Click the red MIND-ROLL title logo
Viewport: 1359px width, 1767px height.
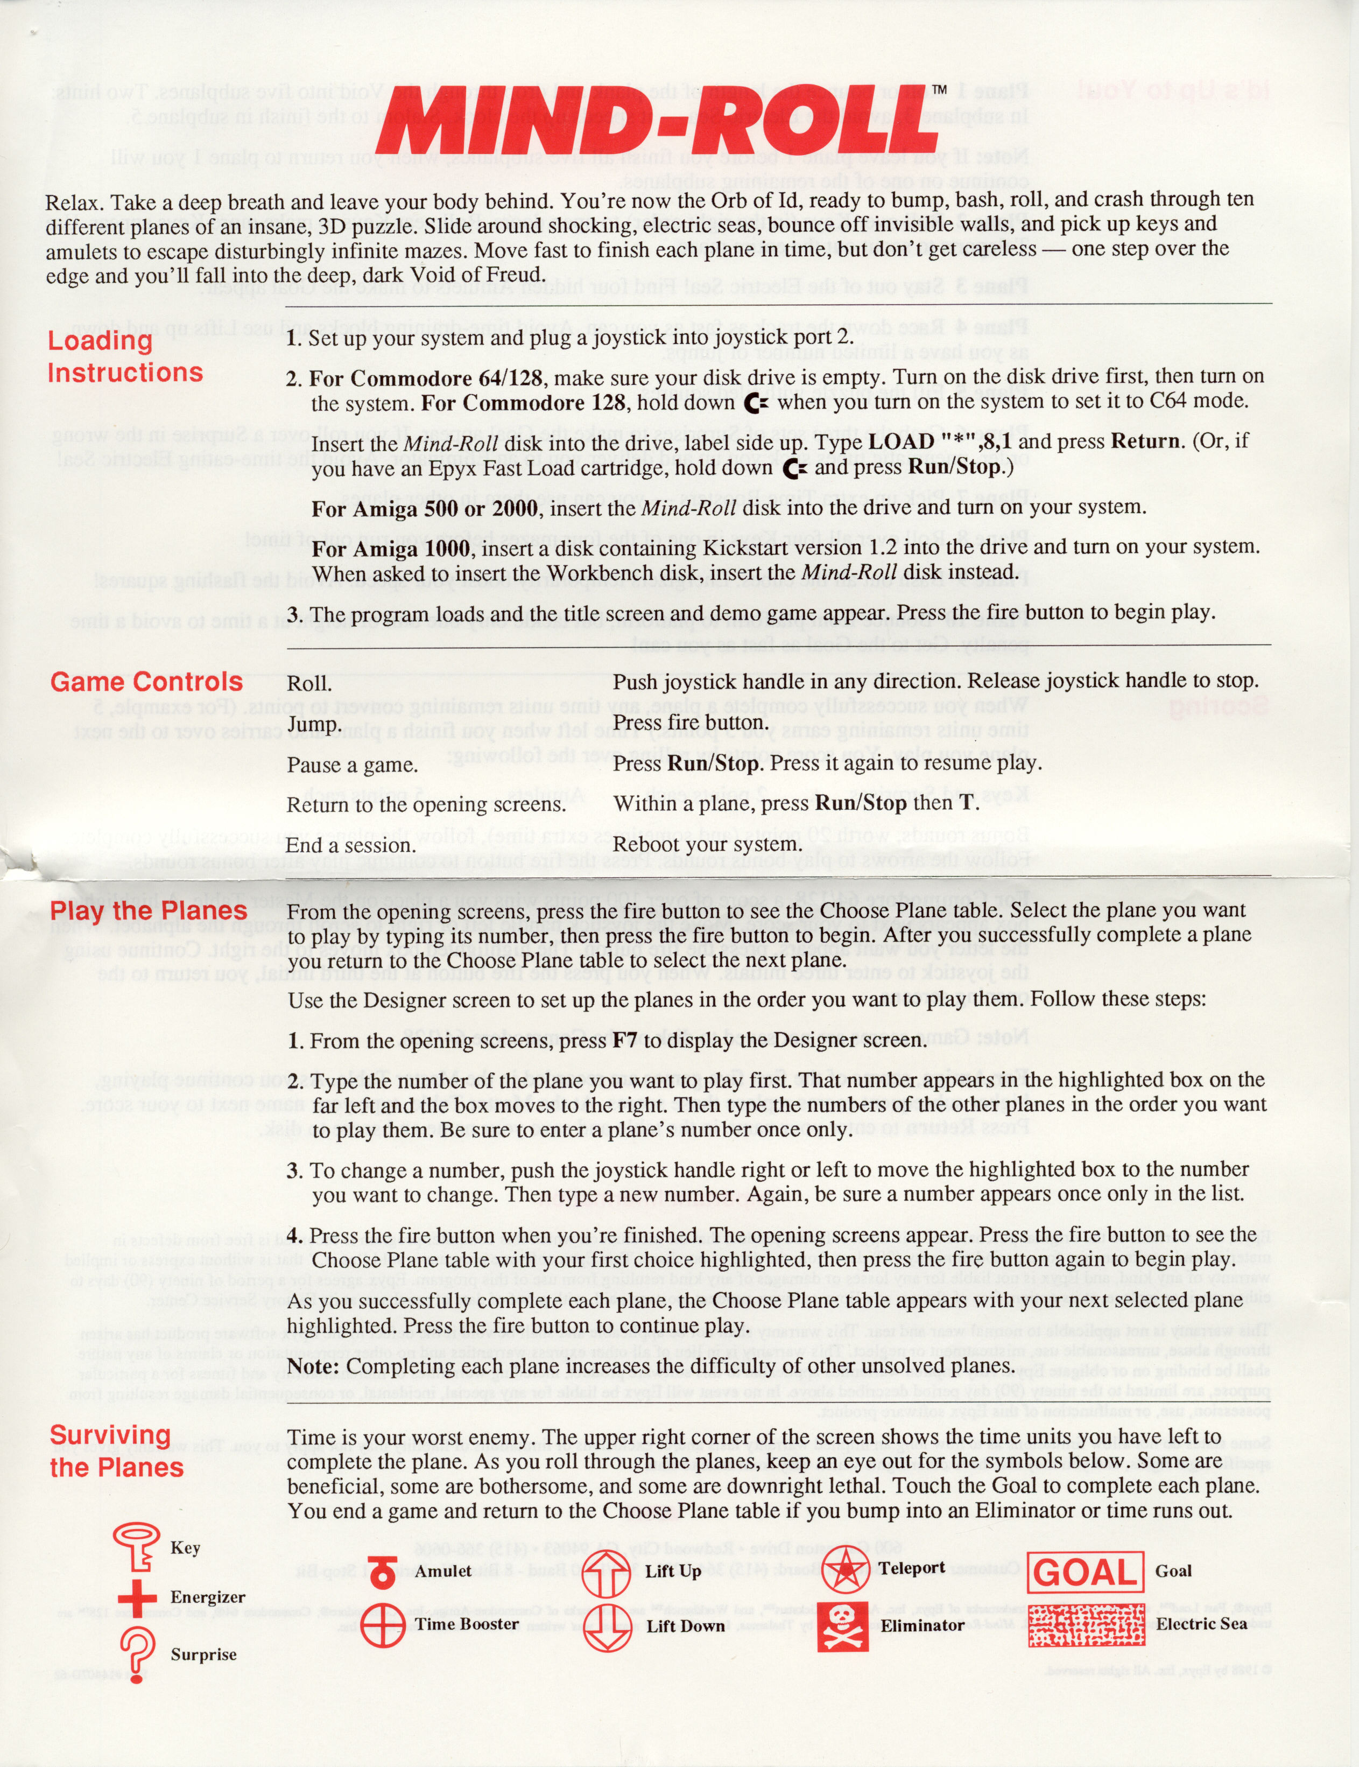pyautogui.click(x=655, y=121)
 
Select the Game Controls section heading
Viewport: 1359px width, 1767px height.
pyautogui.click(x=146, y=682)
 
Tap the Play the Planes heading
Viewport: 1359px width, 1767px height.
pyautogui.click(x=148, y=911)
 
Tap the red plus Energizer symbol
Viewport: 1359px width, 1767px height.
pyautogui.click(x=137, y=1595)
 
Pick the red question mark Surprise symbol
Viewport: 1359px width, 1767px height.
pyautogui.click(x=137, y=1654)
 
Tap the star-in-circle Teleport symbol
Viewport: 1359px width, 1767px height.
pyautogui.click(x=846, y=1569)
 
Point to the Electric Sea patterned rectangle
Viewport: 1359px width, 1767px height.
pyautogui.click(x=1086, y=1625)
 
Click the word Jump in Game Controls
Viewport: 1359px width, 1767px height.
pyautogui.click(x=312, y=723)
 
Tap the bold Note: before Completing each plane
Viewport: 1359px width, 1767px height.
pyautogui.click(x=314, y=1366)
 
